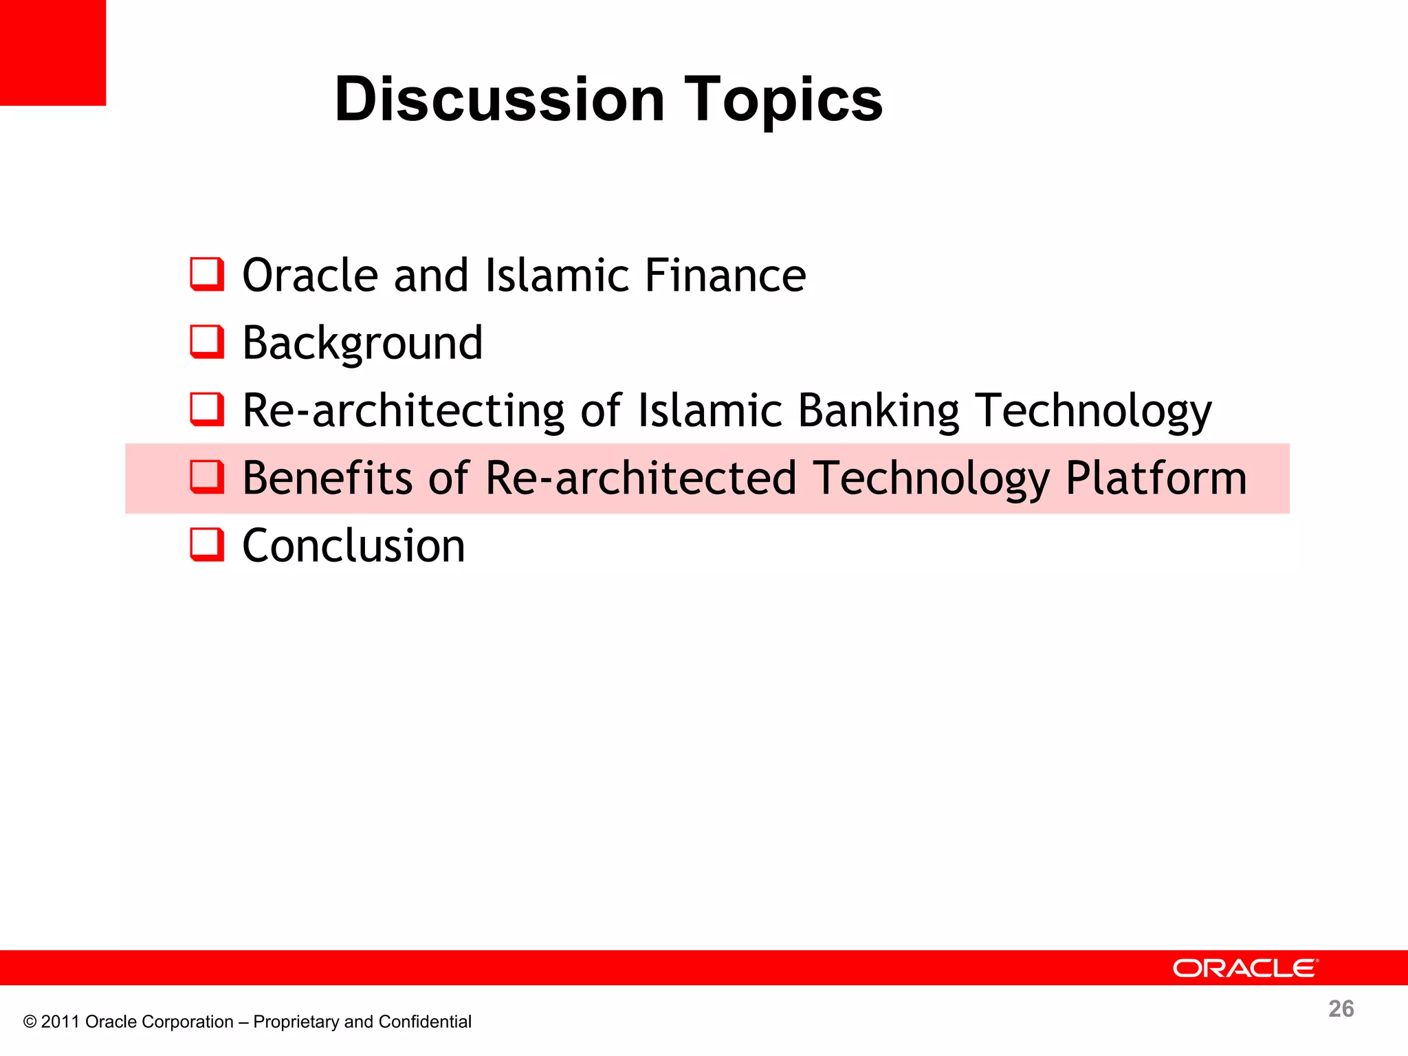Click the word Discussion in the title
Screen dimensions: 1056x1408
tap(499, 100)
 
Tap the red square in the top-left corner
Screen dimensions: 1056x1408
tap(52, 52)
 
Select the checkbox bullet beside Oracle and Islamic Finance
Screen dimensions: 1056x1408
tap(207, 274)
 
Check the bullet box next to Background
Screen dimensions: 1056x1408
tap(207, 342)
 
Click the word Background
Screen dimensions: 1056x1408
tap(362, 343)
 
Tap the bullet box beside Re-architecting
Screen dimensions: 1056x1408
tap(207, 409)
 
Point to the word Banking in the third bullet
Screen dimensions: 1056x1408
tap(878, 411)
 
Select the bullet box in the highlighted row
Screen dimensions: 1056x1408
tap(207, 477)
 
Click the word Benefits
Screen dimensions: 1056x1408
tap(327, 478)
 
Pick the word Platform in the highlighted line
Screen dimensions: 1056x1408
tap(1156, 478)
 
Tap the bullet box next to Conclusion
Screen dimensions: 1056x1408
tap(207, 544)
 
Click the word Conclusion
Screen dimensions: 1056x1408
tap(353, 546)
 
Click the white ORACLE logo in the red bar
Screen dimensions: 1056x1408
tap(1245, 968)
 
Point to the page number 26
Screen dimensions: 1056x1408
tap(1341, 1009)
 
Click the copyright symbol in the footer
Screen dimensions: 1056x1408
tap(30, 1022)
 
